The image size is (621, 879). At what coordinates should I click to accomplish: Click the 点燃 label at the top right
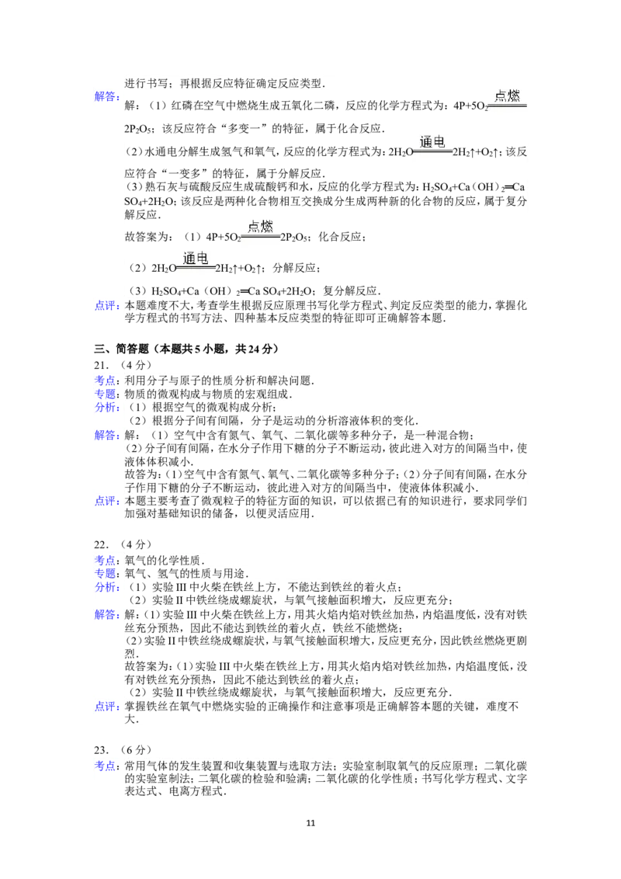(x=508, y=96)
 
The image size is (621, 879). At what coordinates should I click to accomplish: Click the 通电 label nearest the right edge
(x=432, y=141)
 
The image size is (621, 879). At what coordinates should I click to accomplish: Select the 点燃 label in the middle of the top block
(x=261, y=226)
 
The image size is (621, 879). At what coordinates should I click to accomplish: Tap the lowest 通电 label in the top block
(x=196, y=258)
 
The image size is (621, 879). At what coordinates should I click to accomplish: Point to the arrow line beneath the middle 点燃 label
(x=261, y=236)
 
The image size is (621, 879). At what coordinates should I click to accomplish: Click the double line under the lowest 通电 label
(x=196, y=269)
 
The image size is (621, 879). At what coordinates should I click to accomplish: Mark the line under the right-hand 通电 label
(x=432, y=151)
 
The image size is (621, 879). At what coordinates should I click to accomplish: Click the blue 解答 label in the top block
(x=106, y=97)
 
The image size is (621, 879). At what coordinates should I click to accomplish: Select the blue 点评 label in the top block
(x=106, y=306)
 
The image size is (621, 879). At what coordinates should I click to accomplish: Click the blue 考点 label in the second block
(x=106, y=380)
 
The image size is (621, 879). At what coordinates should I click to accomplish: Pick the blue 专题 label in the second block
(x=106, y=394)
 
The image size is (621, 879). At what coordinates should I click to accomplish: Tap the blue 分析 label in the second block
(x=106, y=408)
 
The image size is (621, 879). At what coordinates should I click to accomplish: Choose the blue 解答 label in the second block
(x=106, y=436)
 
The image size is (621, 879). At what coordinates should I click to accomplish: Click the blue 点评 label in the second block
(x=106, y=501)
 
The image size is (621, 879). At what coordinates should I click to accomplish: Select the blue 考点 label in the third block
(x=106, y=559)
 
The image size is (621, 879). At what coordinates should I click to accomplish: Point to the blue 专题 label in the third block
(x=106, y=573)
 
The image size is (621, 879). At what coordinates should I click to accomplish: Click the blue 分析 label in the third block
(x=106, y=588)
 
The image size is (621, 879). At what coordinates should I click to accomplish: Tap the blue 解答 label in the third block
(x=106, y=615)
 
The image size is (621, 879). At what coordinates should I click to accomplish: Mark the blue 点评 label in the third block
(x=106, y=706)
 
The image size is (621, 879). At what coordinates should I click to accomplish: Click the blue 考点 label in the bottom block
(x=106, y=766)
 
